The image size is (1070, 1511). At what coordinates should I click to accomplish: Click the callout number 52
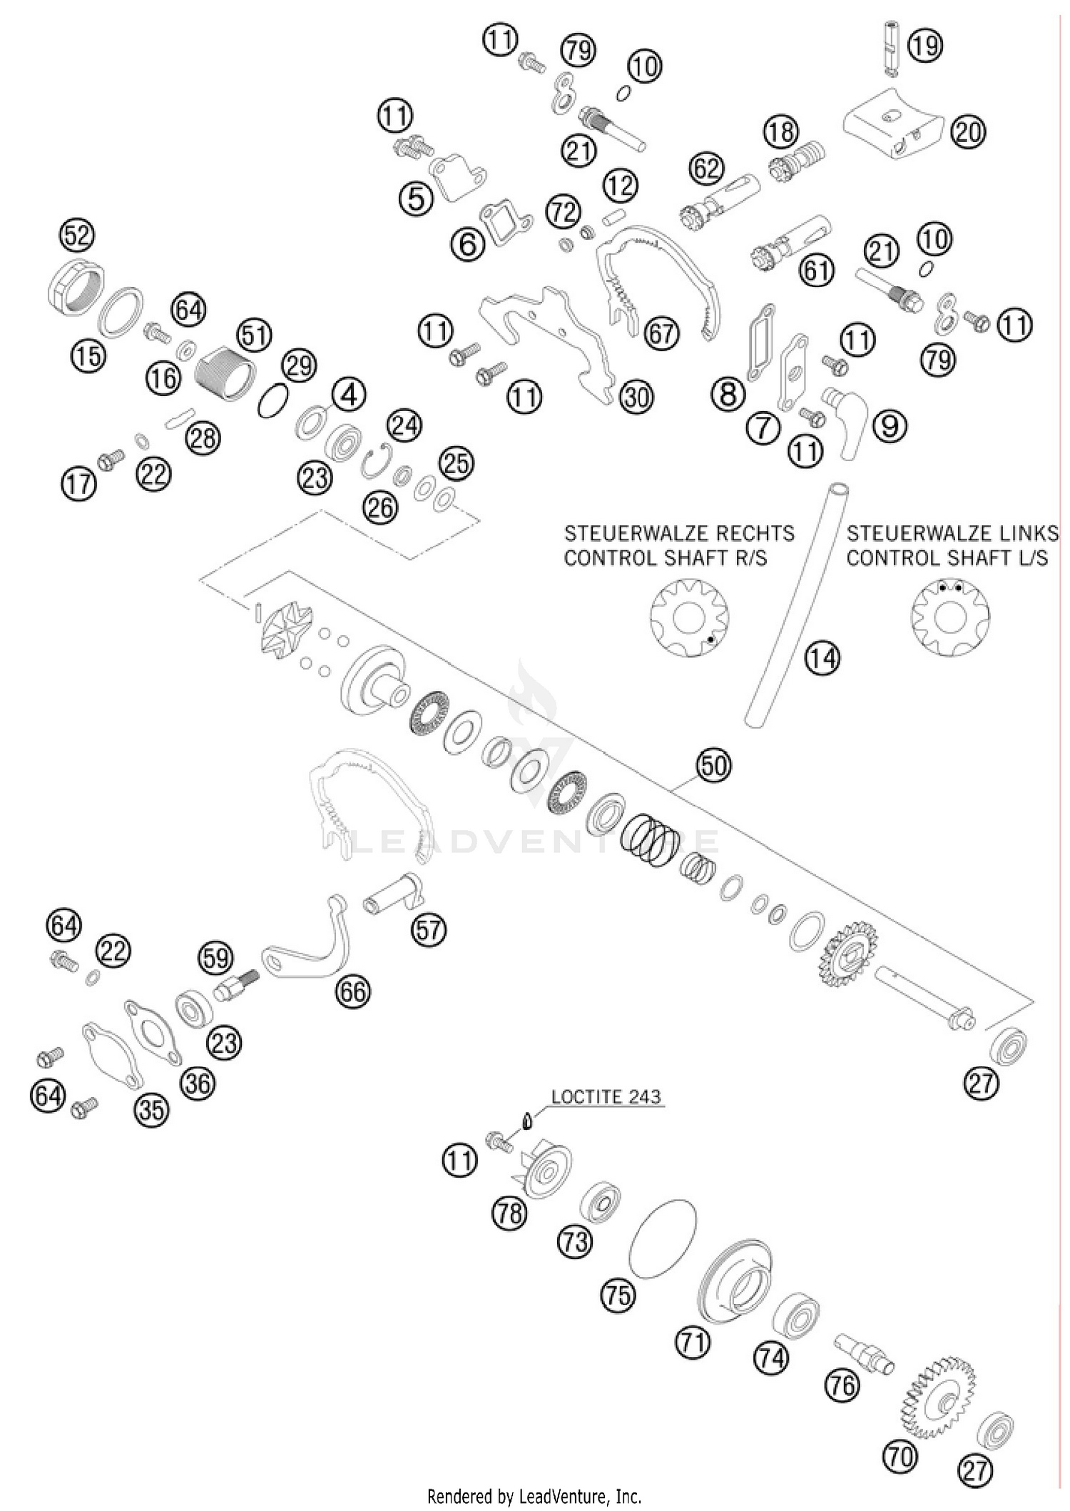[x=78, y=235]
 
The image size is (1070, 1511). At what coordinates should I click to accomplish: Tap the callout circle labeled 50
[x=714, y=766]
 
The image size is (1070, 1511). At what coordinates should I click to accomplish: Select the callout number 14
[x=823, y=658]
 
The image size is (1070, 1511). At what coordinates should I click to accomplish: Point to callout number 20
[x=967, y=132]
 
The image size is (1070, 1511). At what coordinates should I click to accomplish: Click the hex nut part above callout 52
[x=76, y=291]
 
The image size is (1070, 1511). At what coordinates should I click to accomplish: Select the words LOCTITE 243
[x=606, y=1096]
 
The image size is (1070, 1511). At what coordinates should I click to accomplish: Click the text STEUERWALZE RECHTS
[x=679, y=533]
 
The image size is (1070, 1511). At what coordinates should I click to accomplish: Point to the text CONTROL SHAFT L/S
[x=947, y=558]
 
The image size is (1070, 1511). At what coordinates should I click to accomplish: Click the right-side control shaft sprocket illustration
[x=689, y=617]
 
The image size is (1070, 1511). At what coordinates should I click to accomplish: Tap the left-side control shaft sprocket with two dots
[x=950, y=616]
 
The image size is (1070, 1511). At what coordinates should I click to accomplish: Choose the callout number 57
[x=428, y=931]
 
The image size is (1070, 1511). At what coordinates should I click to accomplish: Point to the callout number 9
[x=890, y=426]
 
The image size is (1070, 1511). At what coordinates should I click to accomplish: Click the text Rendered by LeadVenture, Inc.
[x=534, y=1495]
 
